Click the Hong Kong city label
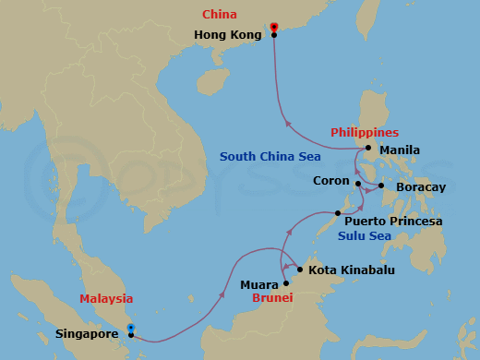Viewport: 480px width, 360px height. [x=228, y=35]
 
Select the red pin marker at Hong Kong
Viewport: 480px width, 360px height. [x=274, y=26]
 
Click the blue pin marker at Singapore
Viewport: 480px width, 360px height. [x=131, y=328]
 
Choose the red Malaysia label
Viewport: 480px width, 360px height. [x=106, y=299]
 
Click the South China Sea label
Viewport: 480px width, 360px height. [x=270, y=157]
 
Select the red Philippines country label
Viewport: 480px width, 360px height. [x=365, y=133]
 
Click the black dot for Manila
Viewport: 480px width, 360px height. [x=368, y=149]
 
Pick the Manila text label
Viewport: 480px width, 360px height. [x=400, y=150]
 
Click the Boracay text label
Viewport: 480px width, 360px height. [x=420, y=187]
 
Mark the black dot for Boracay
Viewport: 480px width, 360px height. [x=381, y=186]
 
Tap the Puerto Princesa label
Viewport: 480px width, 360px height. [x=393, y=222]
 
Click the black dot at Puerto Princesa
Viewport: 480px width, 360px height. [x=337, y=213]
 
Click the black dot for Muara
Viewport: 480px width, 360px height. [x=286, y=283]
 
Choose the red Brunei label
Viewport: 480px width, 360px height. [x=273, y=299]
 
